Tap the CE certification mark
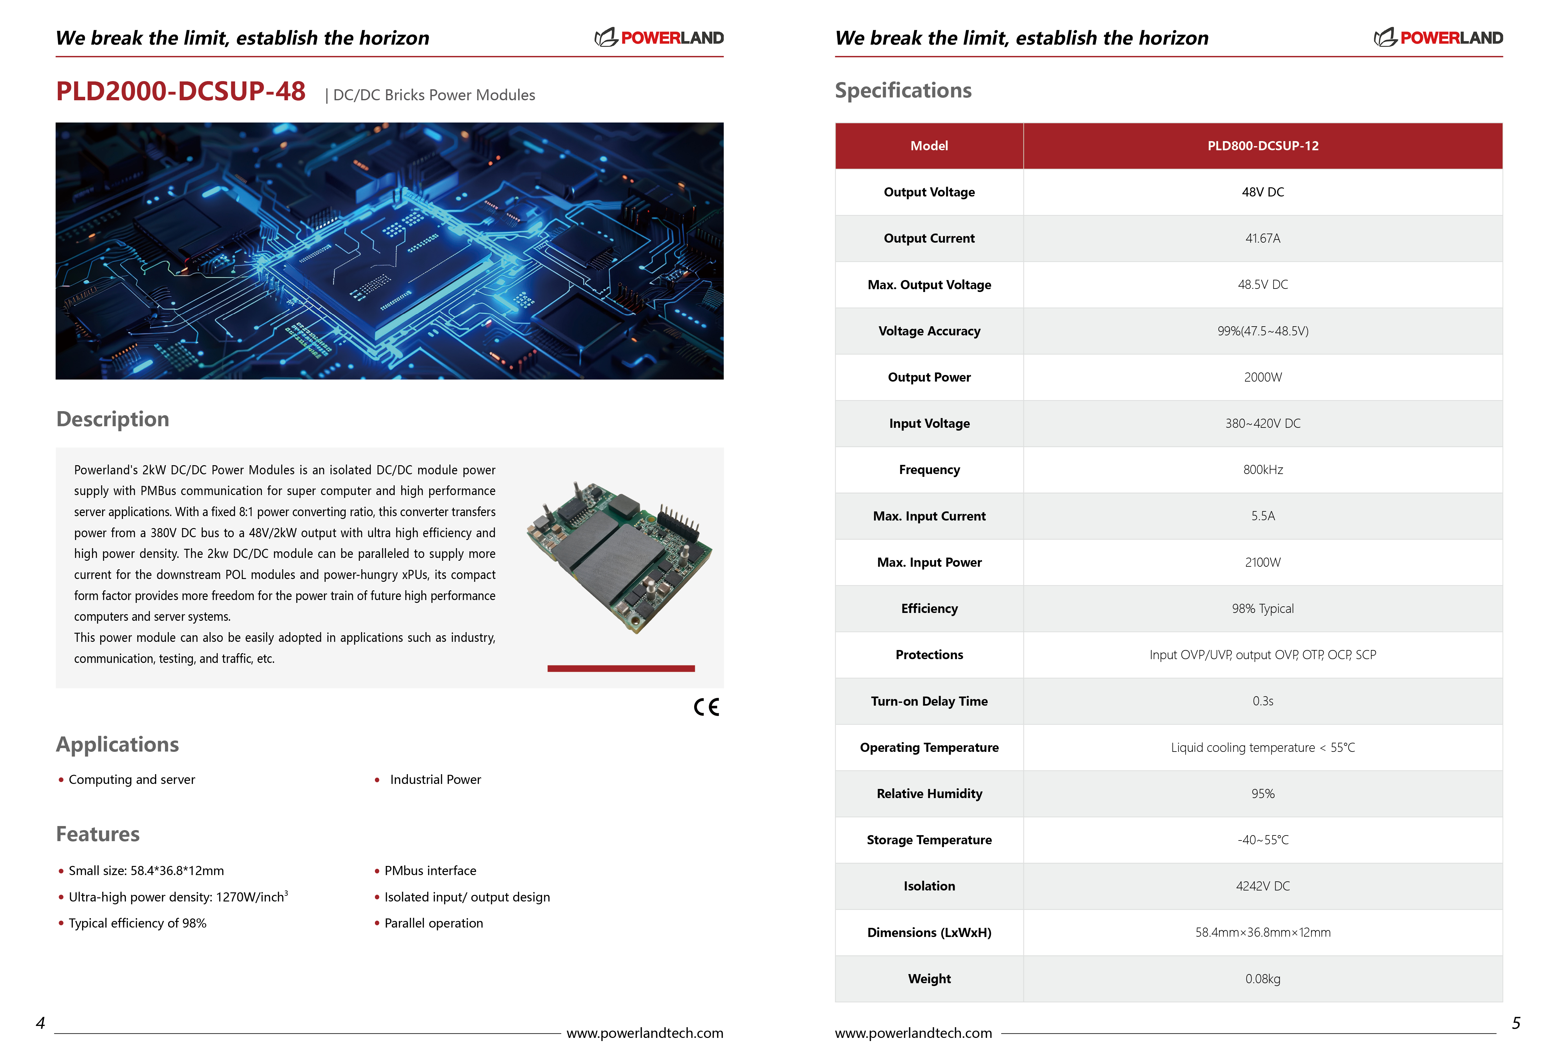[x=706, y=707]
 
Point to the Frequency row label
[x=929, y=470]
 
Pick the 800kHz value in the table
[x=1262, y=470]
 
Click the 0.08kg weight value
[x=1262, y=979]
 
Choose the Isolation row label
[x=929, y=886]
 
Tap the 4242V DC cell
[x=1262, y=886]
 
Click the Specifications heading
[x=903, y=91]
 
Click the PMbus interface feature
[x=430, y=871]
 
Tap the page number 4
[x=40, y=1023]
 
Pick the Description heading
[x=113, y=419]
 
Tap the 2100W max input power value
[x=1262, y=562]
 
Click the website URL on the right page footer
[x=913, y=1033]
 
